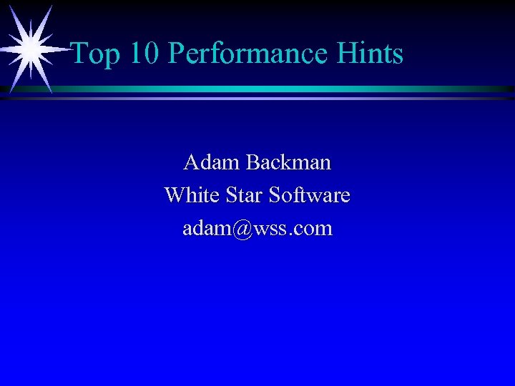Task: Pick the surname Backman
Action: pos(288,163)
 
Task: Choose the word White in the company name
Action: pos(190,195)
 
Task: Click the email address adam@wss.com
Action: pos(257,229)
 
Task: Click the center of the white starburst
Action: pos(30,49)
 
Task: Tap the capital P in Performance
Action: pos(176,54)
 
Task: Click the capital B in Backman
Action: pos(253,163)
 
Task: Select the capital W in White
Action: pos(175,195)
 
